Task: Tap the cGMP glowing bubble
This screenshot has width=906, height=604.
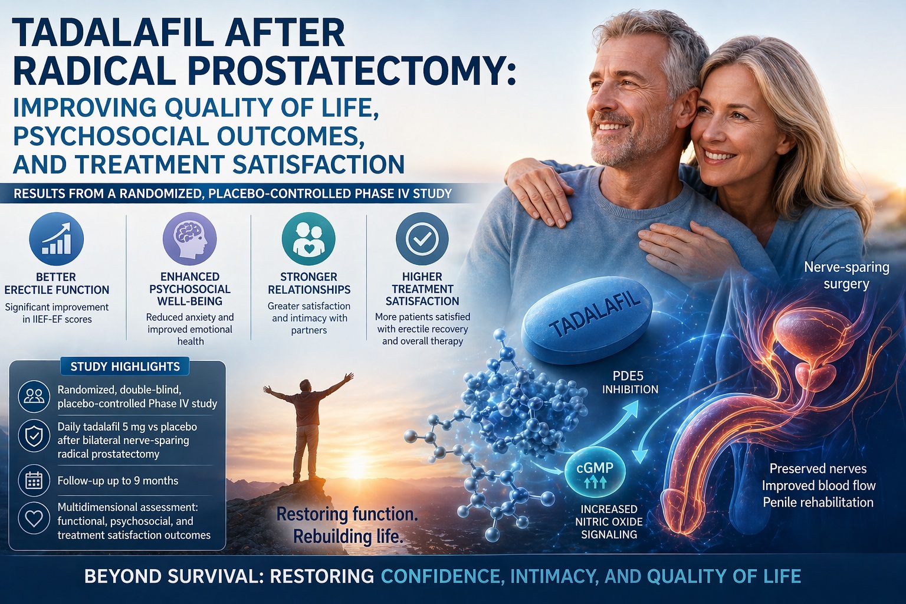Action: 595,473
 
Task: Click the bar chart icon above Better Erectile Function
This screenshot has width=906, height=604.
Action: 56,239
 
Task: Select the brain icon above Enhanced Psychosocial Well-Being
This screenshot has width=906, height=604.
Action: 190,239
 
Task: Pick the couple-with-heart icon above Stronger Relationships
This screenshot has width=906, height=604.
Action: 308,239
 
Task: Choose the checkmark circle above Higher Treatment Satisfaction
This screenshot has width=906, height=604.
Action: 422,239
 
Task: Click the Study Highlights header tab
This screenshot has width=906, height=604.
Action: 125,366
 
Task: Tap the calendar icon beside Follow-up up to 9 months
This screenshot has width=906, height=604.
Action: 34,481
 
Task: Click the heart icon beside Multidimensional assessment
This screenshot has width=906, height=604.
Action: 34,518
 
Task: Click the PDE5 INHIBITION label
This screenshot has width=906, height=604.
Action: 630,383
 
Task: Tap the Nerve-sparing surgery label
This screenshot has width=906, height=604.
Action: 846,275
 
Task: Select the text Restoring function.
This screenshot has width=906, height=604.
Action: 347,514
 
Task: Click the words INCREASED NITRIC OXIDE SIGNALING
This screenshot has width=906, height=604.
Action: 609,521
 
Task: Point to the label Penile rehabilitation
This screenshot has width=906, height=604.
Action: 818,503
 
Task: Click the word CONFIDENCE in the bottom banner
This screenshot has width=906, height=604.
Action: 442,576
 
